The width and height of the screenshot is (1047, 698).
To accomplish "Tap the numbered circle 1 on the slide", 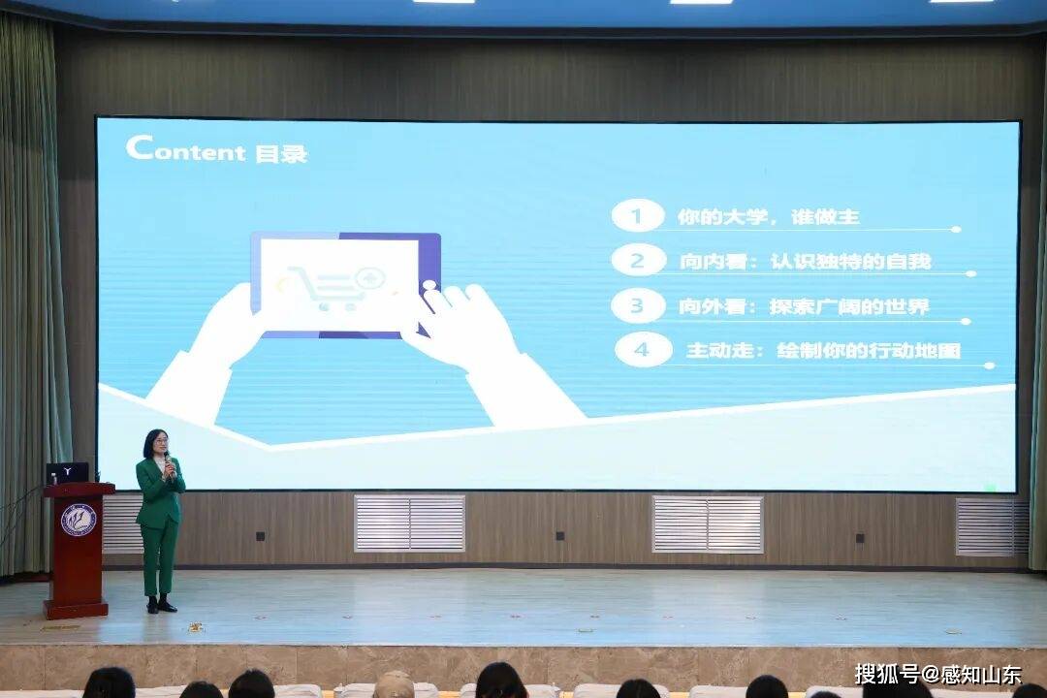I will (637, 216).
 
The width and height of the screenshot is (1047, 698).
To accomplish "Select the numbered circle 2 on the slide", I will (637, 260).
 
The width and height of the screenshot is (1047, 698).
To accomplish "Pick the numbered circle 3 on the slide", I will (637, 305).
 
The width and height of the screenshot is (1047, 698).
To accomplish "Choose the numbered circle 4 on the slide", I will (643, 350).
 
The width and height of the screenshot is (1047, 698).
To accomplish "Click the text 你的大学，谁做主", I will (768, 217).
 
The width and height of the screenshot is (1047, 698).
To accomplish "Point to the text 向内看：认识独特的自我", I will (805, 261).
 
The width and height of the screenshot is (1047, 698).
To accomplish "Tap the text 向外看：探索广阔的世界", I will (804, 306).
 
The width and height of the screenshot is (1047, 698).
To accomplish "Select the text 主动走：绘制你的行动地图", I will (823, 351).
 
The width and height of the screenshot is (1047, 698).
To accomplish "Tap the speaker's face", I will (155, 444).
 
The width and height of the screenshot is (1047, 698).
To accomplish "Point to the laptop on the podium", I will (67, 473).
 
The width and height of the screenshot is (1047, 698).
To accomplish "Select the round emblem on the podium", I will (78, 520).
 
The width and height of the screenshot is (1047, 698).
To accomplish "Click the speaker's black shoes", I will (161, 606).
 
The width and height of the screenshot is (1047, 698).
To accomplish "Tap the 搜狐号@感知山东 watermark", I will (936, 673).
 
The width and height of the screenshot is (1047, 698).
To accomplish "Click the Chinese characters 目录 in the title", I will (281, 153).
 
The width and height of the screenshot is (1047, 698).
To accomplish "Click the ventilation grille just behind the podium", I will (123, 524).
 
